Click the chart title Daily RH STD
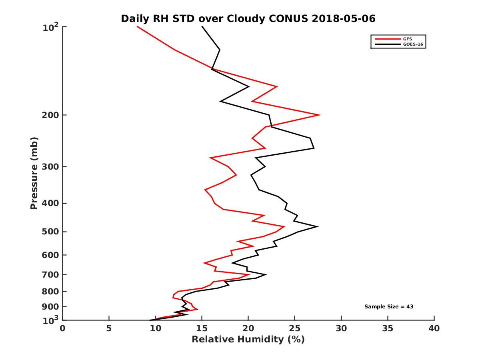coord(248,19)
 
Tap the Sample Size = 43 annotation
coord(388,307)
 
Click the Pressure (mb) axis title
coord(34,173)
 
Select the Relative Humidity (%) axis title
coord(248,340)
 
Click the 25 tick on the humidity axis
coord(295,328)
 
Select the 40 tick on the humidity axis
coord(434,328)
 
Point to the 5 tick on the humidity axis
coord(109,328)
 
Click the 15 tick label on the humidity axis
coord(202,328)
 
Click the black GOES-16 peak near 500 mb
coord(317,226)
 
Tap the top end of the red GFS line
coord(137,26)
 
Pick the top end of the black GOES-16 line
coord(202,26)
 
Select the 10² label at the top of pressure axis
coord(51,27)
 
